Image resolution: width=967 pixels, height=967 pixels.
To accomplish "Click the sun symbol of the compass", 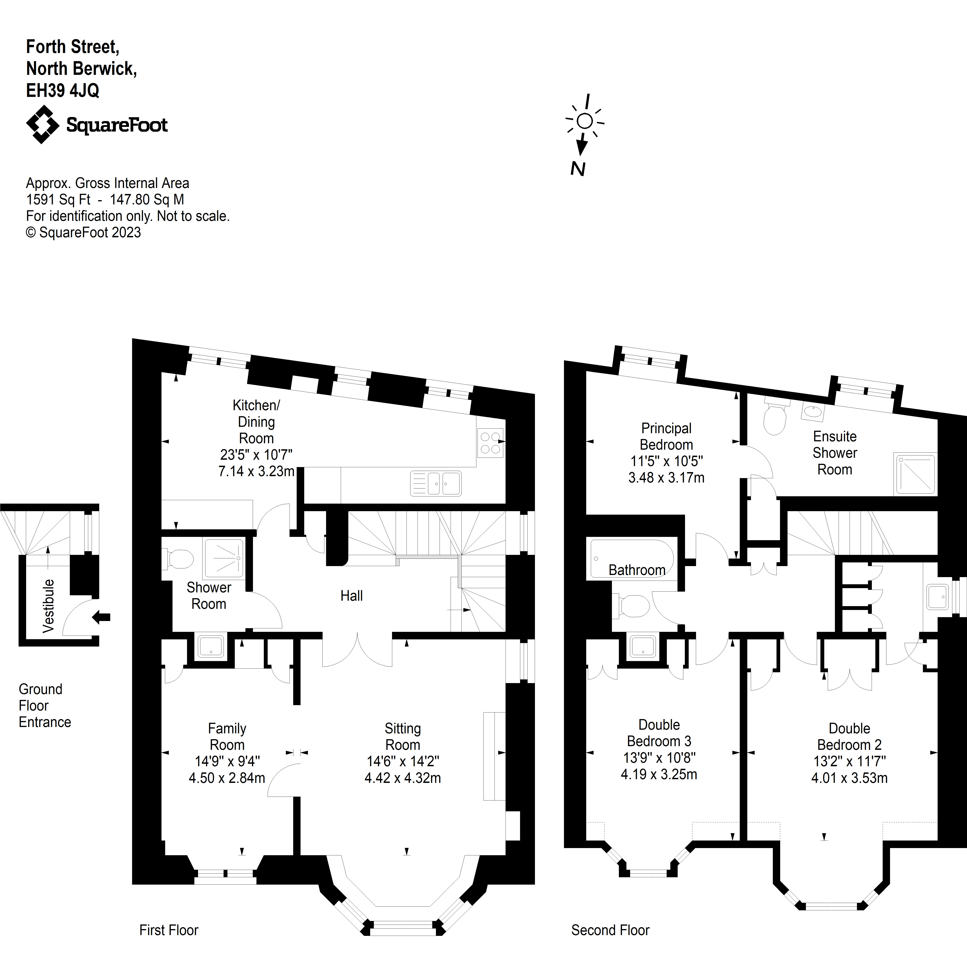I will tap(585, 121).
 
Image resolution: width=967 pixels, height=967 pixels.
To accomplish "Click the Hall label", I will tap(351, 596).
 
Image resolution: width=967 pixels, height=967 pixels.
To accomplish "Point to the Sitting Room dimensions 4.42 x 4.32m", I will tap(402, 778).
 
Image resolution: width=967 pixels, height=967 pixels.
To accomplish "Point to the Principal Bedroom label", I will tap(666, 437).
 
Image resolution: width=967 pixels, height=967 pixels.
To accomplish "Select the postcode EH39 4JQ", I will tap(62, 91).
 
